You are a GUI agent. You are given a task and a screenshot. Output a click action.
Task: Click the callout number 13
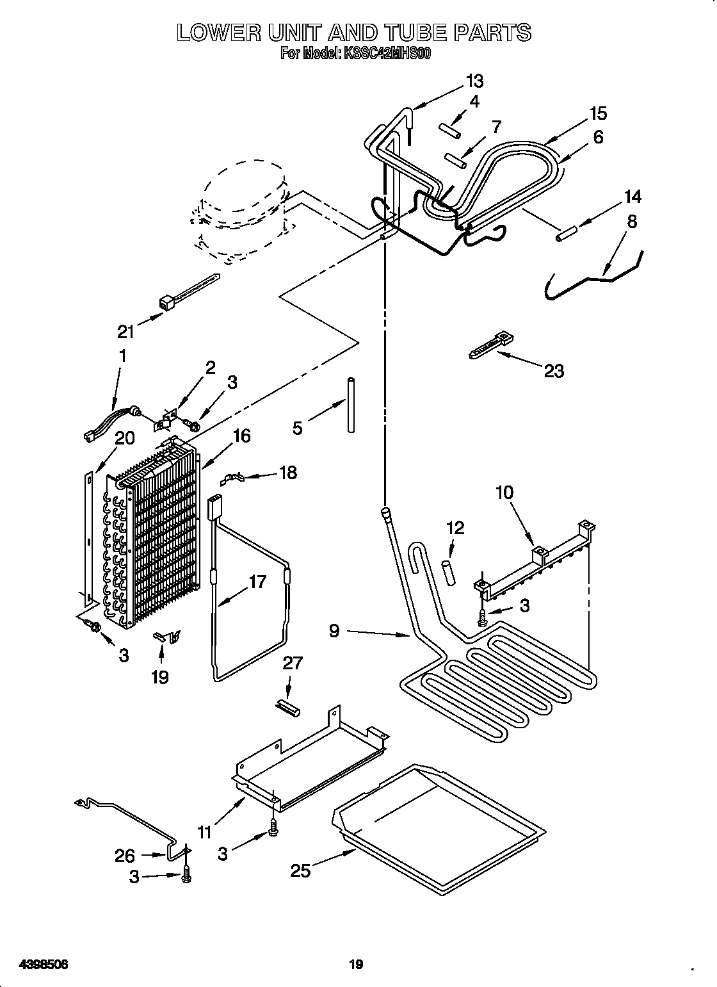[474, 81]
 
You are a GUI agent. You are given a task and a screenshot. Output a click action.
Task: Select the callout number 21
[126, 331]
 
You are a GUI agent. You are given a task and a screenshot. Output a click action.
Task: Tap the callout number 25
[301, 870]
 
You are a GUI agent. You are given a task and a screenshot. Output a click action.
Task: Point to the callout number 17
[257, 582]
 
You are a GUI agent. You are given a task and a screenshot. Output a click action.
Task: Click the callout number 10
[504, 493]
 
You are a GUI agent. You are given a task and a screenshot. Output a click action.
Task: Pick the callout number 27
[293, 663]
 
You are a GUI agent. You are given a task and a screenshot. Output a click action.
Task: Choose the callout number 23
[554, 370]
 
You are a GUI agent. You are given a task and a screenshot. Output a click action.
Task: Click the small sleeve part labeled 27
[290, 706]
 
